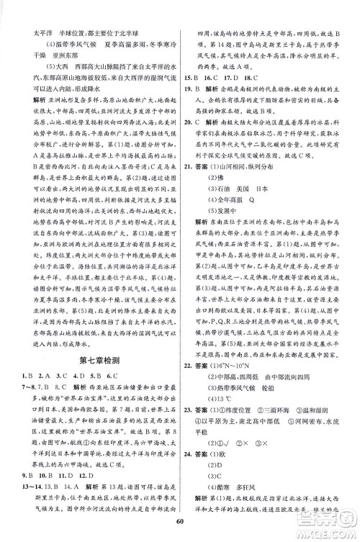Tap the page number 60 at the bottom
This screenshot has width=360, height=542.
point(180,530)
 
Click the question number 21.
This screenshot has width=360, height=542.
point(190,165)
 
